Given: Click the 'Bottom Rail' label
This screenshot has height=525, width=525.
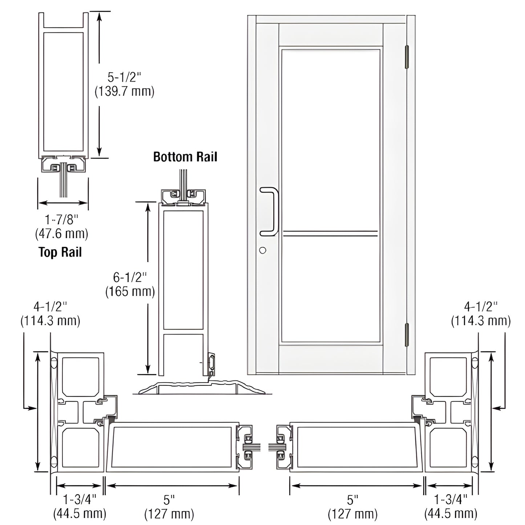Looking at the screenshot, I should [185, 157].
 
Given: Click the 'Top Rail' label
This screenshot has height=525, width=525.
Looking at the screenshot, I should [60, 252].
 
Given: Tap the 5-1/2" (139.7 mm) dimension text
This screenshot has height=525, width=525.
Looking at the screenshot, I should [124, 84].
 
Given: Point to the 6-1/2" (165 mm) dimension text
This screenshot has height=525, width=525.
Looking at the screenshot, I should [130, 284].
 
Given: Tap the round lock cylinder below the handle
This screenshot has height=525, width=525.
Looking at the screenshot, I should [263, 250].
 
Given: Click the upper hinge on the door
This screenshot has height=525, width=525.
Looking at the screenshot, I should [407, 57].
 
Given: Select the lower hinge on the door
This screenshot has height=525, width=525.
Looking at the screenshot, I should [407, 335].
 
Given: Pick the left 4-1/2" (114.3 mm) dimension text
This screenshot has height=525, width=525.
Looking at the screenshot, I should [50, 314].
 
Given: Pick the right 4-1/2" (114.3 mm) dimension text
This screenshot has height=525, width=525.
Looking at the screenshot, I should [480, 314].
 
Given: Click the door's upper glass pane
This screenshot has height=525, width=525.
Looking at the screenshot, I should [331, 140].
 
